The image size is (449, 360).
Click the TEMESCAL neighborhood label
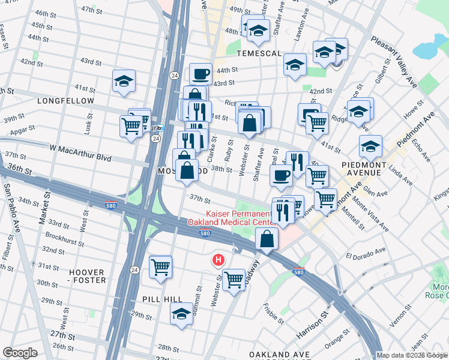click(259, 53)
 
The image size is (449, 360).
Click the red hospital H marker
click(219, 260)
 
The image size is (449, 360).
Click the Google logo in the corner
click(20, 353)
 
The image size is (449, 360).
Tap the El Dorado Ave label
click(364, 253)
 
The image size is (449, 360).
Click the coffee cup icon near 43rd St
click(200, 74)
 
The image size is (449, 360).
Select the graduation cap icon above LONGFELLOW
click(124, 81)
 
